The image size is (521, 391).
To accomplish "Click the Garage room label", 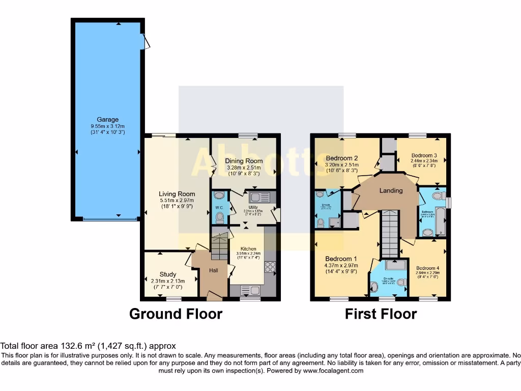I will coord(107,120).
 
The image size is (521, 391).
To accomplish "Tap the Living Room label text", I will coord(177,194).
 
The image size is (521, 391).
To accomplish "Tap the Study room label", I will coord(167,274).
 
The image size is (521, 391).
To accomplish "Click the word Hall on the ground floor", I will coord(214,270).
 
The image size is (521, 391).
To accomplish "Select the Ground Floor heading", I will coord(176,314).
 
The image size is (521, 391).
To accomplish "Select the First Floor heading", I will coord(381,314).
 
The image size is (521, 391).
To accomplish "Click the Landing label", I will coord(391,190).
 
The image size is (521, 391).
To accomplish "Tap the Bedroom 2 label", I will coord(342,158).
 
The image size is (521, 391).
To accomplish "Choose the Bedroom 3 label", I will coord(424,155).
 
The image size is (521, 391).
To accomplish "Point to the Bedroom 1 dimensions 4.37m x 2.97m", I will coord(341,265).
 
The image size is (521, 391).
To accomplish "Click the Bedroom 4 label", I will coord(427,268).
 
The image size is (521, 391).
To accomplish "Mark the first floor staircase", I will coord(390,234).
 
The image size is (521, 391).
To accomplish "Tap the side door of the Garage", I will coord(146,41).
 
